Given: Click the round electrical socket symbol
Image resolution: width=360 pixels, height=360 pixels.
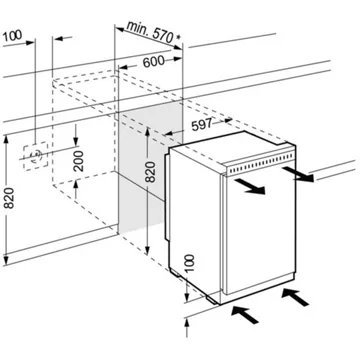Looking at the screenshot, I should coord(37,156).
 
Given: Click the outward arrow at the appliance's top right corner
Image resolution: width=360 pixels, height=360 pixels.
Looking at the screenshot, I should coord(305,175).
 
